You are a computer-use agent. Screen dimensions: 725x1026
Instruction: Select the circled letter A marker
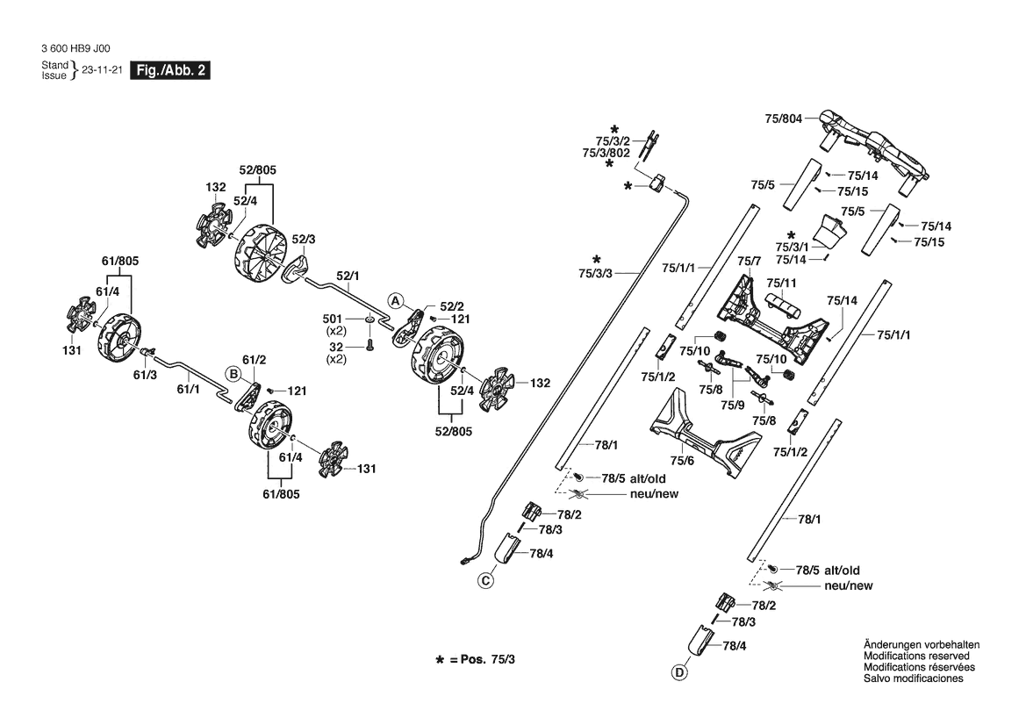pyautogui.click(x=396, y=301)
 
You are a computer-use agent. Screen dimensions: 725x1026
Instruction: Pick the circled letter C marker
pyautogui.click(x=485, y=580)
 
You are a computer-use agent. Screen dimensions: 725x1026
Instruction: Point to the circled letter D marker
pyautogui.click(x=678, y=673)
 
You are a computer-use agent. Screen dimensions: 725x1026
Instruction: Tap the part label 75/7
pyautogui.click(x=749, y=262)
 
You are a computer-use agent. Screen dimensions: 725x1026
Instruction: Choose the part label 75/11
pyautogui.click(x=781, y=283)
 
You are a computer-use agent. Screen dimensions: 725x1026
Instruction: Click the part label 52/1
pyautogui.click(x=348, y=276)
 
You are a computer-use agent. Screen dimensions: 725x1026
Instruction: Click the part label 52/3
pyautogui.click(x=304, y=239)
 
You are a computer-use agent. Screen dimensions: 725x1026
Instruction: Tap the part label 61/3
pyautogui.click(x=145, y=375)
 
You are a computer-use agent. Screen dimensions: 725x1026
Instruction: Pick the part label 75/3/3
pyautogui.click(x=597, y=274)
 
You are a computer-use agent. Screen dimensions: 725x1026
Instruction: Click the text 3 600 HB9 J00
pyautogui.click(x=76, y=49)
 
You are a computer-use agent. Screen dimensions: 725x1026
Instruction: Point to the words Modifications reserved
pyautogui.click(x=916, y=657)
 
